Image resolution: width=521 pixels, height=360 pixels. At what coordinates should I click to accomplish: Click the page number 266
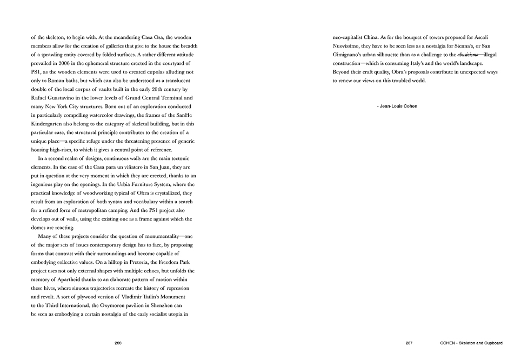(x=118, y=343)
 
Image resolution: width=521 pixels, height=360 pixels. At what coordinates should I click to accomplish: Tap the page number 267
(x=410, y=343)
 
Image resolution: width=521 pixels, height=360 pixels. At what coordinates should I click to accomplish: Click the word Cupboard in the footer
(x=491, y=343)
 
